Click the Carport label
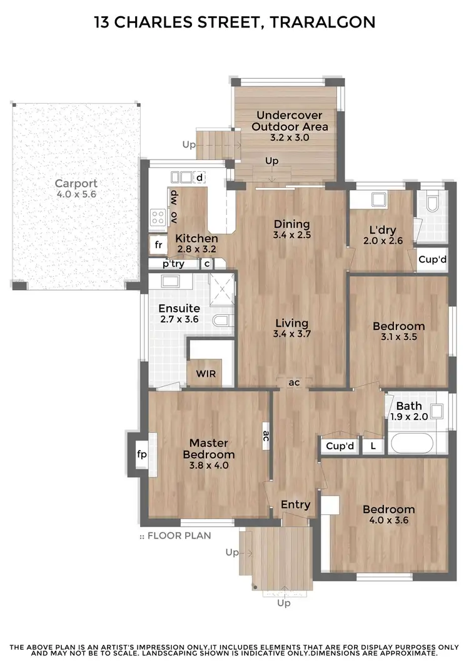76,183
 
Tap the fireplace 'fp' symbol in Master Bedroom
141,454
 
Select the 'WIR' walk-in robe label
206,373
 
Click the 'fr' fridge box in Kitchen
158,244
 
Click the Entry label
295,504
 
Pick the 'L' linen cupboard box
373,446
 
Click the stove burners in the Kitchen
158,216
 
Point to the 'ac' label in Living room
294,382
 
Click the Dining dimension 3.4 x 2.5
291,236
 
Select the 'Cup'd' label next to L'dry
432,259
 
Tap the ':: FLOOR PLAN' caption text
176,536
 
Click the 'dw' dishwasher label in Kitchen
174,196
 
